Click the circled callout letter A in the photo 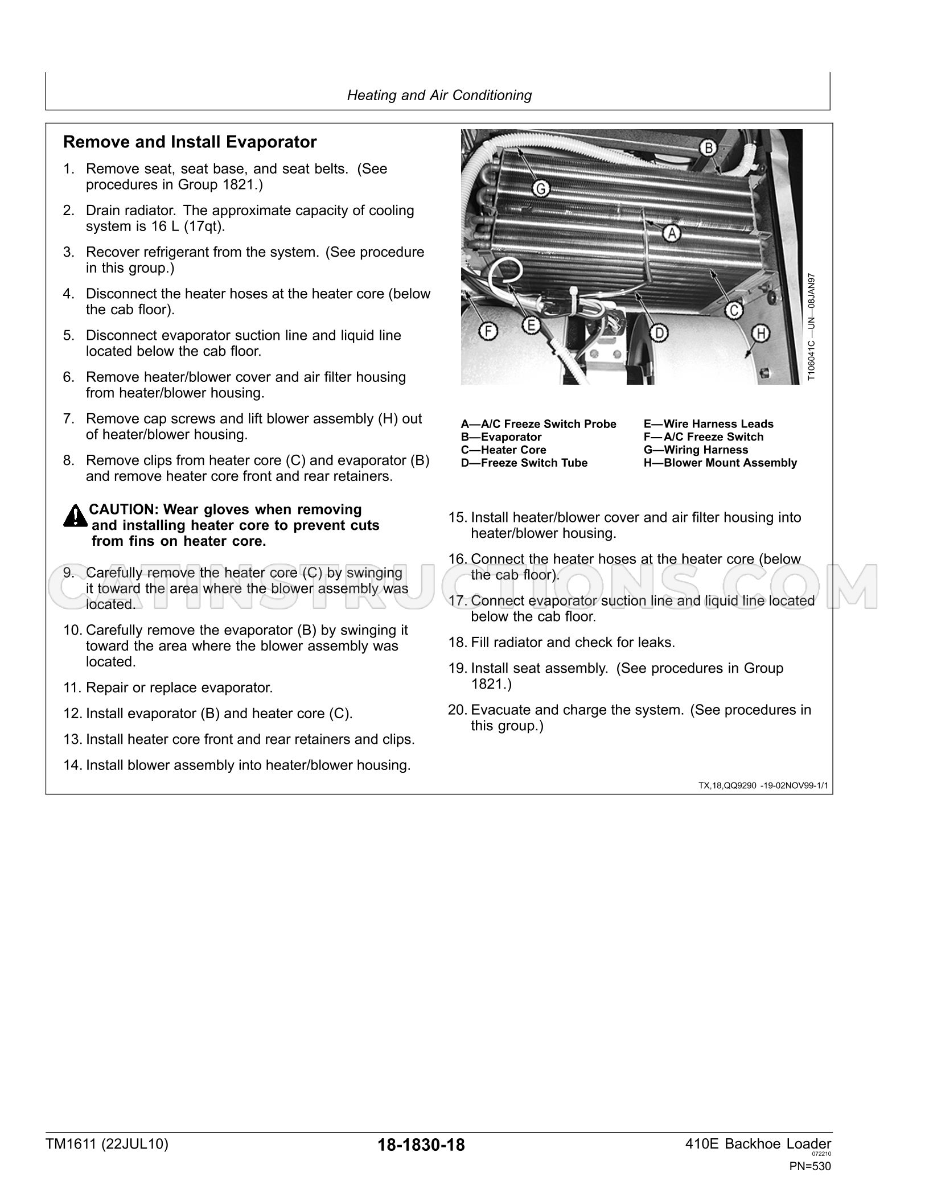click(x=672, y=233)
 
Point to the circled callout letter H click(x=762, y=333)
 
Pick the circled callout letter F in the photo click(x=488, y=331)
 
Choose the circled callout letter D click(x=659, y=333)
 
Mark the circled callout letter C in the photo click(x=734, y=310)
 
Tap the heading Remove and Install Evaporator click(x=190, y=142)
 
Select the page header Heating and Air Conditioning click(x=439, y=95)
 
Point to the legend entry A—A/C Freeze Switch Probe click(x=539, y=424)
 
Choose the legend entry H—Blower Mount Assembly click(x=720, y=463)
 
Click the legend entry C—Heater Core click(x=503, y=450)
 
